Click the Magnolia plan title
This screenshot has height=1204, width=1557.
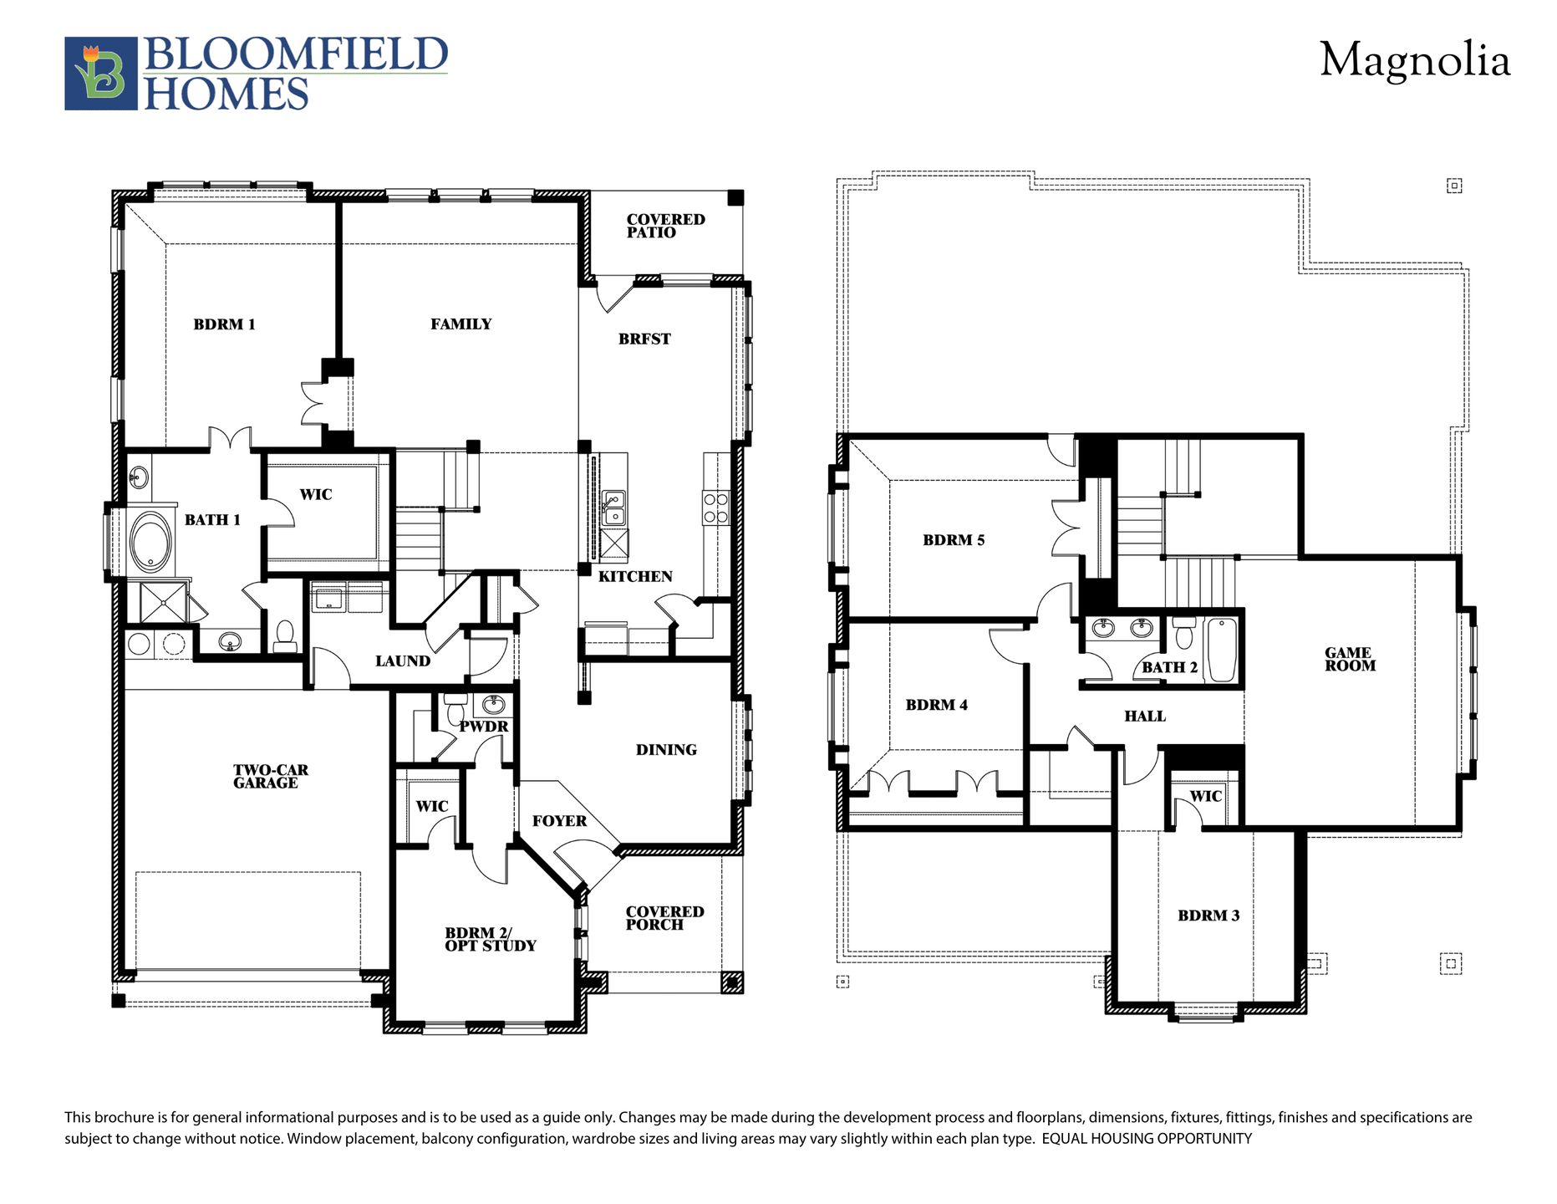point(1414,60)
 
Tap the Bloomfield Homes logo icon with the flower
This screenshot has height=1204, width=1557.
point(100,74)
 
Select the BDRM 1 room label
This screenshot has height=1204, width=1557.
point(224,324)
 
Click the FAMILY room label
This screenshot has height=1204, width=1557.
point(460,324)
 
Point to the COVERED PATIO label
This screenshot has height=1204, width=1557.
point(665,226)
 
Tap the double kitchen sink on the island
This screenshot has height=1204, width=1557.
point(613,508)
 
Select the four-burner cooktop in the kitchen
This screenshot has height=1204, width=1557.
point(716,508)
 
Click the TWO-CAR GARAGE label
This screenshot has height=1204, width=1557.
point(269,776)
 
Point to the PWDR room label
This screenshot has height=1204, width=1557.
point(483,727)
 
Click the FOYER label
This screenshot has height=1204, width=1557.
point(559,821)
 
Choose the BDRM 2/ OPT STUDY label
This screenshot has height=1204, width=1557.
point(490,939)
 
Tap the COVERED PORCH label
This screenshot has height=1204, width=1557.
point(664,918)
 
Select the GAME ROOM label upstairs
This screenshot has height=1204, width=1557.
point(1350,659)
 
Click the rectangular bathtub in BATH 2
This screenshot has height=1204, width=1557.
point(1221,650)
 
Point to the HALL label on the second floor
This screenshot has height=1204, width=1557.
point(1144,717)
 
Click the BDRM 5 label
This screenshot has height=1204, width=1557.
point(954,540)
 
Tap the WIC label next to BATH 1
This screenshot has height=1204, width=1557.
point(315,495)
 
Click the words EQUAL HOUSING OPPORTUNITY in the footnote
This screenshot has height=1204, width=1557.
point(1147,1139)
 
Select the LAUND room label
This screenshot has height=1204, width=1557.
point(402,661)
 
